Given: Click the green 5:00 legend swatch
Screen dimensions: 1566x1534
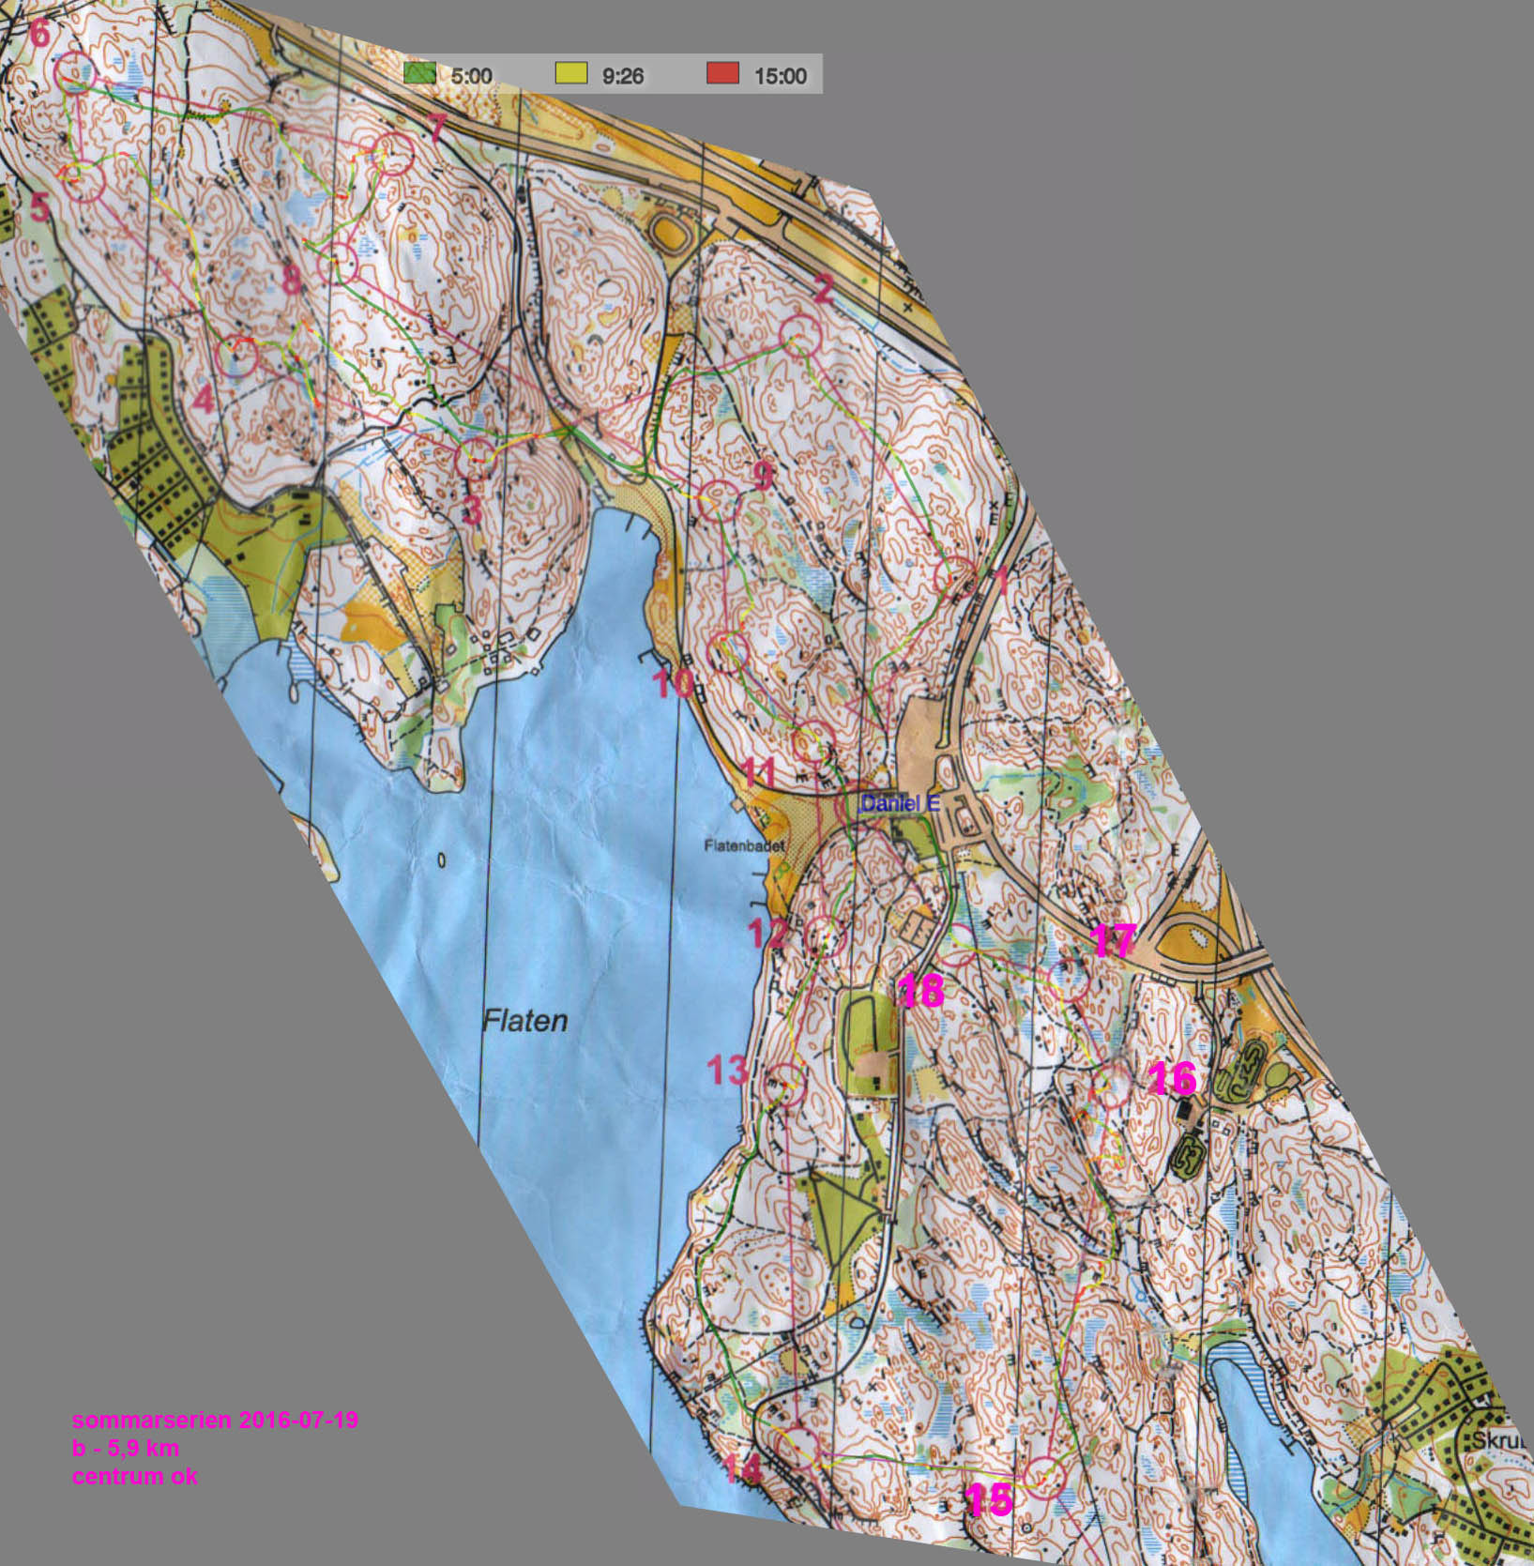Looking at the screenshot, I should [x=419, y=73].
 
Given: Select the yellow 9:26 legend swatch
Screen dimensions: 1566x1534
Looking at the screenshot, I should [x=570, y=73].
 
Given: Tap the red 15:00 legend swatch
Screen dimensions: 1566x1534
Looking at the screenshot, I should [x=722, y=73].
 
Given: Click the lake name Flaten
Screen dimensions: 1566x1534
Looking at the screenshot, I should [x=524, y=1021].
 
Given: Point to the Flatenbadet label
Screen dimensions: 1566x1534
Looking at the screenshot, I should [x=744, y=844].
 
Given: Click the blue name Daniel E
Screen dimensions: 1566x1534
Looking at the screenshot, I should [x=892, y=803].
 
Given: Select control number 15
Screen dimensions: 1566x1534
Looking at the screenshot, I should [x=989, y=1498].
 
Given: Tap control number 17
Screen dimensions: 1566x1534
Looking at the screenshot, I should [x=1114, y=940].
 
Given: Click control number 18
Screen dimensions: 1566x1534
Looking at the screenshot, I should [x=920, y=990].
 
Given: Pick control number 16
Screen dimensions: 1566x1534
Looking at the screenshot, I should [x=1172, y=1078].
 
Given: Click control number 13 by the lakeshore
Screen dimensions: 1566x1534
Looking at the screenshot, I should [x=728, y=1069].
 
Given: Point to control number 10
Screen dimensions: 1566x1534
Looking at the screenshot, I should [x=674, y=682].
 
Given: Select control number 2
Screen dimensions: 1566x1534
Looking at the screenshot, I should [x=823, y=288].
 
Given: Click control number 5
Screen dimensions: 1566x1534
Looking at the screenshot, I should [x=38, y=207].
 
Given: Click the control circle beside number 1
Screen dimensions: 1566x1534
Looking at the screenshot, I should [x=956, y=577].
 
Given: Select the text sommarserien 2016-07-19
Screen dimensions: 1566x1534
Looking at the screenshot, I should [x=215, y=1420].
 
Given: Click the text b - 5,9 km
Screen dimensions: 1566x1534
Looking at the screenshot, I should [x=125, y=1448].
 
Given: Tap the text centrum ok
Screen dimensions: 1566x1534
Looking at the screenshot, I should [x=134, y=1476].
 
